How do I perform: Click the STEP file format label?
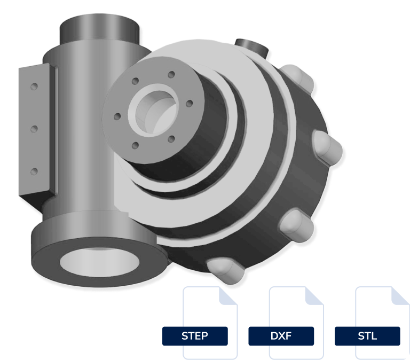195,336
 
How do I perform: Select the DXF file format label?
281,336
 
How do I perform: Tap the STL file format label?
367,336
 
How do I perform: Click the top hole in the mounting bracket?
34,86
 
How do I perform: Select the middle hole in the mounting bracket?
34,129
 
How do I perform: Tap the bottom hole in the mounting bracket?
34,171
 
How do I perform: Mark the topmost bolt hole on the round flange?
171,75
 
